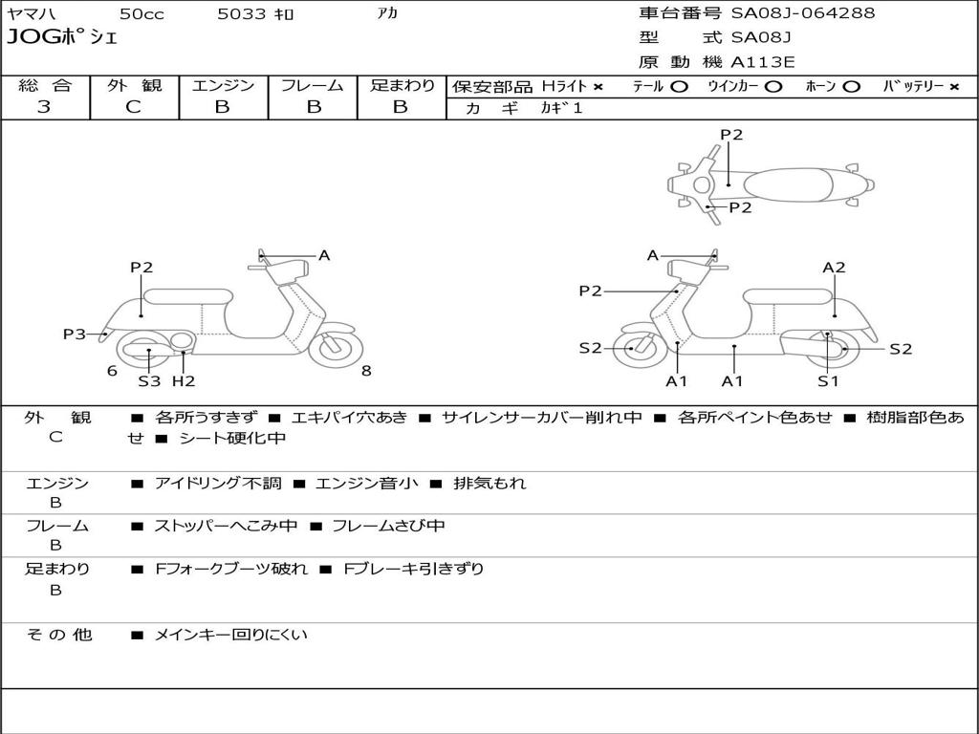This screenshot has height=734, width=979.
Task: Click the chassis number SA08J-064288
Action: pyautogui.click(x=803, y=12)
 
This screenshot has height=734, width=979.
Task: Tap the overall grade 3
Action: pyautogui.click(x=44, y=107)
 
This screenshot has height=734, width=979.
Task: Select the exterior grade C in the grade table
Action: pyautogui.click(x=134, y=107)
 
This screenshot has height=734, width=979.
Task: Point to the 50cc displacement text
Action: pyautogui.click(x=141, y=13)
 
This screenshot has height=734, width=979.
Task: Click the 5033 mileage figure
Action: pyautogui.click(x=241, y=13)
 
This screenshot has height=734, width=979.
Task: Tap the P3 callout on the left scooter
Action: pyautogui.click(x=75, y=334)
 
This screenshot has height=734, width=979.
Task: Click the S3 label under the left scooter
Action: pyautogui.click(x=149, y=380)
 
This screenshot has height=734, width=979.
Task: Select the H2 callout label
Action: pyautogui.click(x=184, y=380)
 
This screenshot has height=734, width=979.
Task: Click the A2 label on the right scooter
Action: pyautogui.click(x=834, y=268)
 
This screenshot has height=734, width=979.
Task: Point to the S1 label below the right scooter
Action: pyautogui.click(x=828, y=380)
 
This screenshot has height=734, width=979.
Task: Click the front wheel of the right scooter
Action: pyautogui.click(x=640, y=349)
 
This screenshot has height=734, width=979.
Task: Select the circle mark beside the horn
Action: pyautogui.click(x=851, y=87)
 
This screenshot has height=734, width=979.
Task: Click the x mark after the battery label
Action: pyautogui.click(x=954, y=87)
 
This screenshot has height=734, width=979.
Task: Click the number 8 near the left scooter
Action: pyautogui.click(x=366, y=371)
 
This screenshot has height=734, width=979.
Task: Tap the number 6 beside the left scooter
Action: pyautogui.click(x=112, y=371)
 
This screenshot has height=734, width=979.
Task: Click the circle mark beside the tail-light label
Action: pyautogui.click(x=680, y=87)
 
